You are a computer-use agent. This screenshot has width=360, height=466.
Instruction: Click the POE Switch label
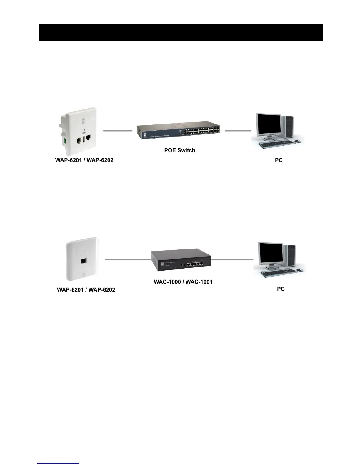(179, 150)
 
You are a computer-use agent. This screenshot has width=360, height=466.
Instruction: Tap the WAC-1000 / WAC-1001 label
(183, 282)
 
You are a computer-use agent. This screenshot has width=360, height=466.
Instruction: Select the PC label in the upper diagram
(279, 160)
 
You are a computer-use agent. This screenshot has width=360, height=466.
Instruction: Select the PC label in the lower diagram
(281, 289)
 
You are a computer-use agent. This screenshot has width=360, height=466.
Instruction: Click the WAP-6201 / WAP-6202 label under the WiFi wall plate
(84, 160)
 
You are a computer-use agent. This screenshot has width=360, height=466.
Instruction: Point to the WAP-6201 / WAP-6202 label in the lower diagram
(86, 290)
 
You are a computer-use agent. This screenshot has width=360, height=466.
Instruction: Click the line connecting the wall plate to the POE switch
(117, 130)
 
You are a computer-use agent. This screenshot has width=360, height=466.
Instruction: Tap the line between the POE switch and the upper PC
(238, 130)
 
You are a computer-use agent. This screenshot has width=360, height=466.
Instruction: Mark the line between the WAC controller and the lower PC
(232, 259)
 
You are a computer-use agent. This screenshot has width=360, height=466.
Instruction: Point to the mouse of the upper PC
(297, 141)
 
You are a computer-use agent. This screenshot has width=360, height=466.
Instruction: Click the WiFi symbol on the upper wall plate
(84, 131)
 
